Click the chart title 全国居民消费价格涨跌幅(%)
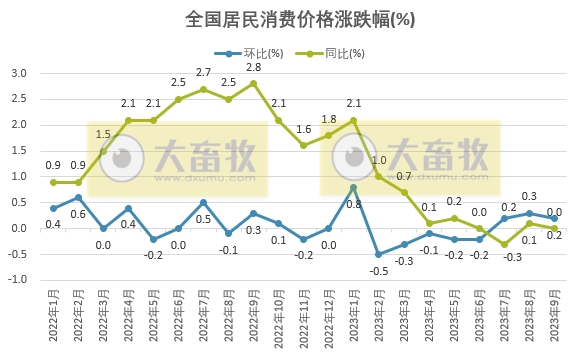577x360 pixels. point(288,18)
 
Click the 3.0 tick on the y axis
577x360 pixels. point(19,73)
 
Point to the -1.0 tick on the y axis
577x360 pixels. point(17,280)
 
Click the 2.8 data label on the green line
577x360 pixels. point(254,67)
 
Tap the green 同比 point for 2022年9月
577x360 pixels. point(254,83)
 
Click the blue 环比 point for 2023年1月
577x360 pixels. point(354,187)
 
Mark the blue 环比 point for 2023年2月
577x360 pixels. point(379,254)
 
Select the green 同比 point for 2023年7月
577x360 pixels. point(505,244)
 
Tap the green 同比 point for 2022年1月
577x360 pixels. point(53,182)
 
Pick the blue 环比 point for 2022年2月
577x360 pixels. point(78,197)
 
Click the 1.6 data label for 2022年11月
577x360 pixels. point(304,129)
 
